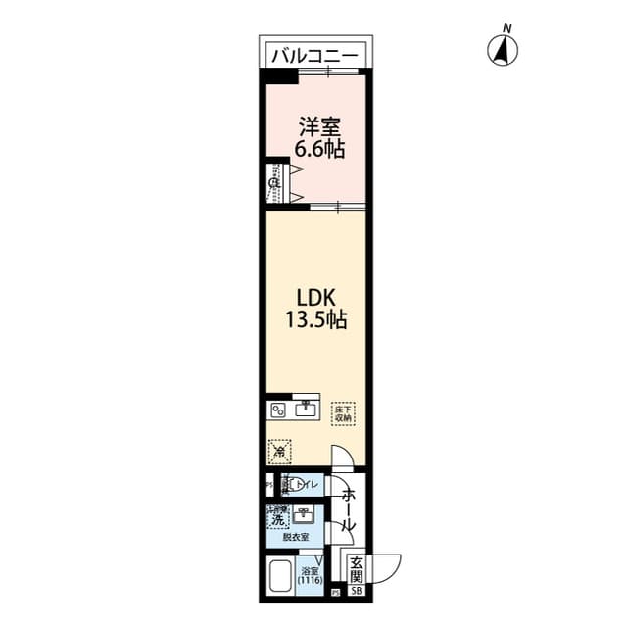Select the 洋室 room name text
tap(320, 127)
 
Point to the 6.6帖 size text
tap(320, 150)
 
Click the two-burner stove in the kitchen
tap(277, 410)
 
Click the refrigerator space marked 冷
tap(279, 452)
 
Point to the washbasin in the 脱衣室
tap(305, 514)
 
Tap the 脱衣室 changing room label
tap(296, 538)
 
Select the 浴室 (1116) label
tap(312, 576)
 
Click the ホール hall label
tap(346, 510)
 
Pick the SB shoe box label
tap(357, 591)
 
